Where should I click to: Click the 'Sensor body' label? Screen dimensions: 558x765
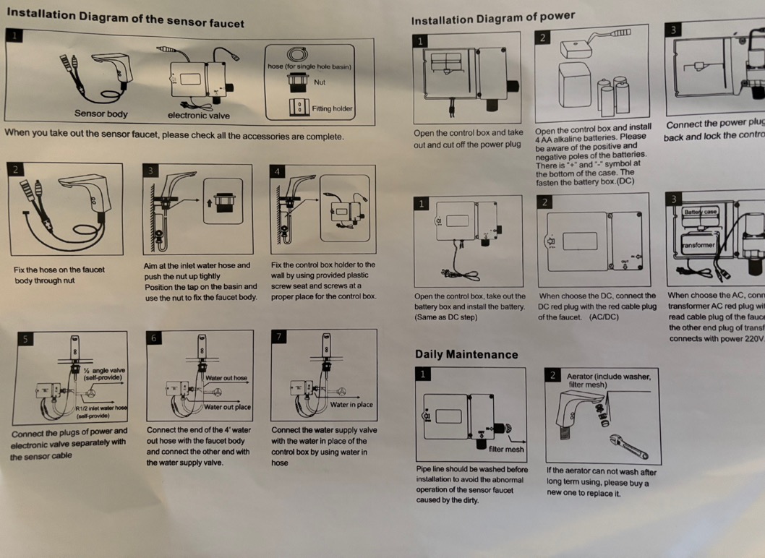pyautogui.click(x=101, y=113)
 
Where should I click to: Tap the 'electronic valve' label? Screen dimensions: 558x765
pyautogui.click(x=198, y=115)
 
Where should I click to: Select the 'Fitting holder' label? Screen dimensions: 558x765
pyautogui.click(x=332, y=109)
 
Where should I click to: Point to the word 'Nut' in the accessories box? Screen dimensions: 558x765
pyautogui.click(x=319, y=82)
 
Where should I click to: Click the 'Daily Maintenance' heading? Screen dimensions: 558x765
pyautogui.click(x=466, y=354)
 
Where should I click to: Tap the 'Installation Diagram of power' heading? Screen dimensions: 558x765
pyautogui.click(x=493, y=19)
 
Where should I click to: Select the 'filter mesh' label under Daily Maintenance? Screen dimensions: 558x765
pyautogui.click(x=506, y=449)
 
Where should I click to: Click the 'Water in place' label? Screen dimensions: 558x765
pyautogui.click(x=351, y=405)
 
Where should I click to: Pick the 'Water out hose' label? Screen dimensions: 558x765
pyautogui.click(x=226, y=378)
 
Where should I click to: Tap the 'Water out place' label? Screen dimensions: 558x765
pyautogui.click(x=227, y=407)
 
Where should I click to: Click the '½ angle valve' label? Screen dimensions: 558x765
pyautogui.click(x=104, y=374)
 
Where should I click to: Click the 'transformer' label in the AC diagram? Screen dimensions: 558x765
pyautogui.click(x=698, y=246)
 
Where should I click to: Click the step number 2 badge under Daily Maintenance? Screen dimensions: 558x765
pyautogui.click(x=553, y=375)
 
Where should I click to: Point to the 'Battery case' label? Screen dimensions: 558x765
pyautogui.click(x=700, y=212)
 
